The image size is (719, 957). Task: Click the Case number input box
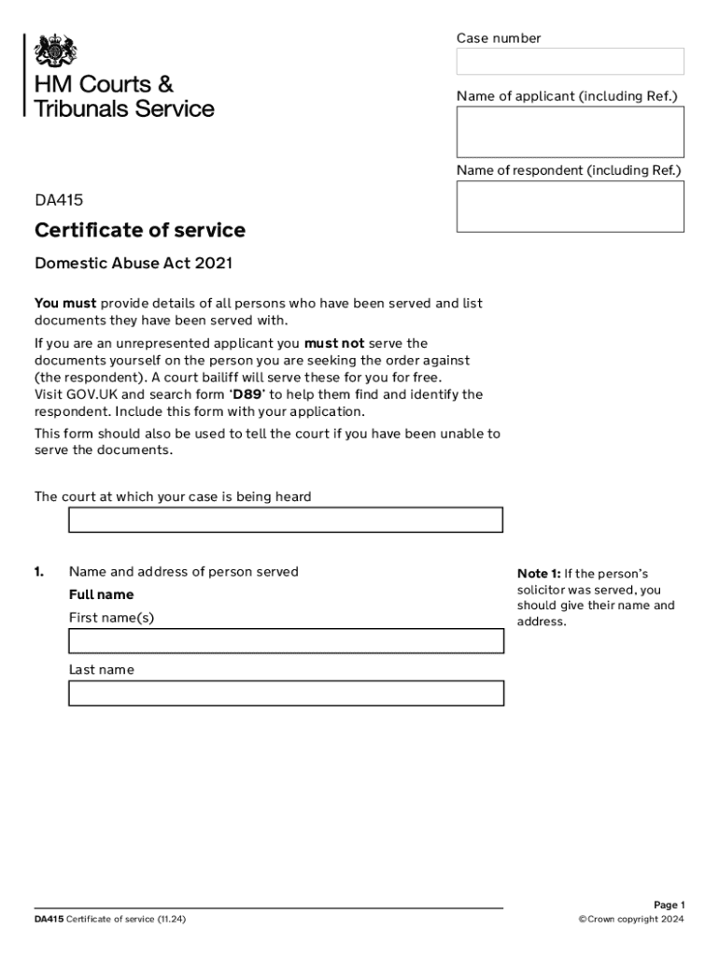[570, 62]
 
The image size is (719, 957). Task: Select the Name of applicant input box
[570, 132]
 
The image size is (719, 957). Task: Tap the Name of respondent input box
[570, 207]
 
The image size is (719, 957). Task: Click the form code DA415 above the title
[59, 199]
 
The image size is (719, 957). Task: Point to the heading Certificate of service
[140, 230]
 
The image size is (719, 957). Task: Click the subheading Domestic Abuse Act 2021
[134, 264]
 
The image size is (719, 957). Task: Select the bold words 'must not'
[334, 344]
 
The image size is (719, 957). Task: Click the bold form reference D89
[247, 394]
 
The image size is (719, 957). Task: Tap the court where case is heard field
[286, 520]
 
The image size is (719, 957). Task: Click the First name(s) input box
[286, 641]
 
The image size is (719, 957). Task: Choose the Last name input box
[286, 693]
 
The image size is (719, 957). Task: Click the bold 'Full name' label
[101, 594]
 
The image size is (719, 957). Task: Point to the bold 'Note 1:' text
[539, 574]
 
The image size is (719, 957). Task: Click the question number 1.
[39, 572]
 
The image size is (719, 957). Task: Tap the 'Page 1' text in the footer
[669, 905]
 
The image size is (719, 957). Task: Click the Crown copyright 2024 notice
[631, 920]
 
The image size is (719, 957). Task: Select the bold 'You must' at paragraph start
[65, 304]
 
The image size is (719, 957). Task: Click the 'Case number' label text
[498, 38]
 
